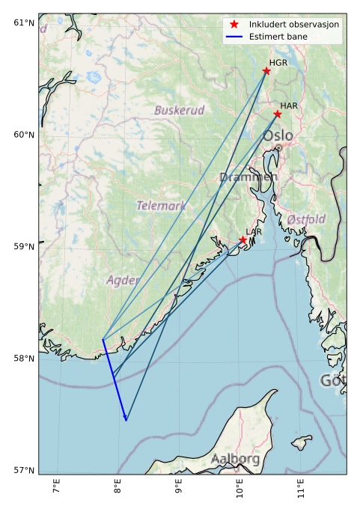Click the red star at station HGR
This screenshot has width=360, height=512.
pyautogui.click(x=266, y=71)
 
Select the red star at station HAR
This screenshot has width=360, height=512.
pyautogui.click(x=278, y=114)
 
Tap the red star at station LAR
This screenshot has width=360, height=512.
pyautogui.click(x=243, y=240)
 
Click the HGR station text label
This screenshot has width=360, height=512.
pyautogui.click(x=278, y=63)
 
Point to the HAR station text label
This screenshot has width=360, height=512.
pyautogui.click(x=289, y=106)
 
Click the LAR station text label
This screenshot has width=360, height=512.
pyautogui.click(x=254, y=232)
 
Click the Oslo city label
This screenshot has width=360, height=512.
pyautogui.click(x=278, y=135)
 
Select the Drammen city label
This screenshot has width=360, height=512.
pyautogui.click(x=248, y=177)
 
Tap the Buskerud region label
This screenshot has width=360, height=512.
pyautogui.click(x=180, y=110)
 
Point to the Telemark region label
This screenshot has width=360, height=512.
pyautogui.click(x=161, y=205)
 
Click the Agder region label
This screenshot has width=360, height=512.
pyautogui.click(x=123, y=280)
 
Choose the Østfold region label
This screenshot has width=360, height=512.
pyautogui.click(x=306, y=219)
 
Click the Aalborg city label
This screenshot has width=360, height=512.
pyautogui.click(x=235, y=458)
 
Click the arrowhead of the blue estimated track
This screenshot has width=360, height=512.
pyautogui.click(x=126, y=419)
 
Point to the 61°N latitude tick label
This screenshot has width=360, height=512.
pyautogui.click(x=25, y=22)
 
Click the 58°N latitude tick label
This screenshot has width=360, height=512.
pyautogui.click(x=25, y=359)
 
